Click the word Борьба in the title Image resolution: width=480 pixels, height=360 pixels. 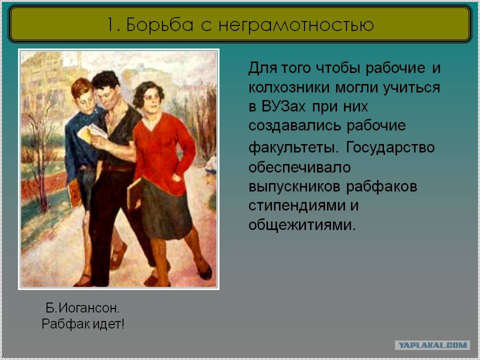click(159, 24)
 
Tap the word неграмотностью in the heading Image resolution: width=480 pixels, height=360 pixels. click(296, 25)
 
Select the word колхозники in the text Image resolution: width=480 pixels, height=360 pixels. click(289, 87)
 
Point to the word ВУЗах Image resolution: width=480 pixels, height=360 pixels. click(283, 106)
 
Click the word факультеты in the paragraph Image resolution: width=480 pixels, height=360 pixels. click(294, 148)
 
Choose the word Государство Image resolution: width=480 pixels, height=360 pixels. click(390, 148)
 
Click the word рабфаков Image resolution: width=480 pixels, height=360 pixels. click(381, 186)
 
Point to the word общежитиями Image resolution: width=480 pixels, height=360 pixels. click(302, 225)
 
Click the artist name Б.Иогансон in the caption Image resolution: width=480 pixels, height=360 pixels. click(82, 308)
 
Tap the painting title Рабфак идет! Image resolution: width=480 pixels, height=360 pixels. click(83, 324)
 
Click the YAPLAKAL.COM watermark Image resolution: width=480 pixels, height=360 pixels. click(432, 345)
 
